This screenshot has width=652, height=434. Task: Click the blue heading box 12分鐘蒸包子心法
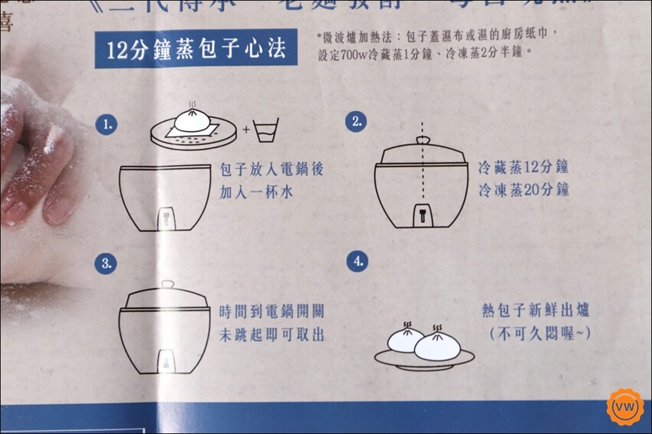point(196,51)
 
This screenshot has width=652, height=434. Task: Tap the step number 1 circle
point(110,123)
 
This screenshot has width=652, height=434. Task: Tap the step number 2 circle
point(355,122)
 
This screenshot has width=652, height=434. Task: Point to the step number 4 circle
point(356,262)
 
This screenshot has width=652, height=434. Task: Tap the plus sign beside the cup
point(246,130)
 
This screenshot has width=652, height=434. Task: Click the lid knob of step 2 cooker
point(422,141)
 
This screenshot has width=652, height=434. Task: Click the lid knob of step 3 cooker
point(166,284)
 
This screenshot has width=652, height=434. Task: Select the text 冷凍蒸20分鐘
point(523,189)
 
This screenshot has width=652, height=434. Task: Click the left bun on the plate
point(406,338)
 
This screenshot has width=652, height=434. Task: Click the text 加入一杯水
point(257,192)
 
